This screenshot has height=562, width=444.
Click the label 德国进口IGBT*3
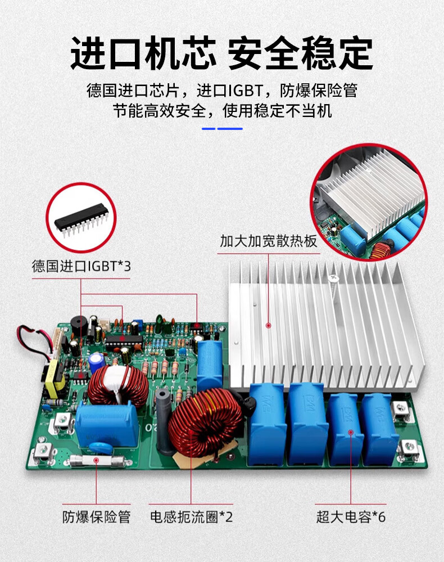81,266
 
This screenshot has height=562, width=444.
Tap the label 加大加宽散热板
269,241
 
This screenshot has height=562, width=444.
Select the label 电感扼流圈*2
191,517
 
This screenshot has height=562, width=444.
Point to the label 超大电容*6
351,517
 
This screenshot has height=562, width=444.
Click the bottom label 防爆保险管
96,517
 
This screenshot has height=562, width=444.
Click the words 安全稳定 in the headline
300,53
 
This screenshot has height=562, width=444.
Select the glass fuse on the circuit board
97,461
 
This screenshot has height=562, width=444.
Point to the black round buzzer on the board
79,325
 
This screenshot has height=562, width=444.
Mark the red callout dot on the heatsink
268,326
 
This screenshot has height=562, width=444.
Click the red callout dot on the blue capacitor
351,433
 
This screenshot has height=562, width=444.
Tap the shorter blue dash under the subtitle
209,129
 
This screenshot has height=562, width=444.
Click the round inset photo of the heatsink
369,202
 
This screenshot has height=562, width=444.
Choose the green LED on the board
160,320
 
